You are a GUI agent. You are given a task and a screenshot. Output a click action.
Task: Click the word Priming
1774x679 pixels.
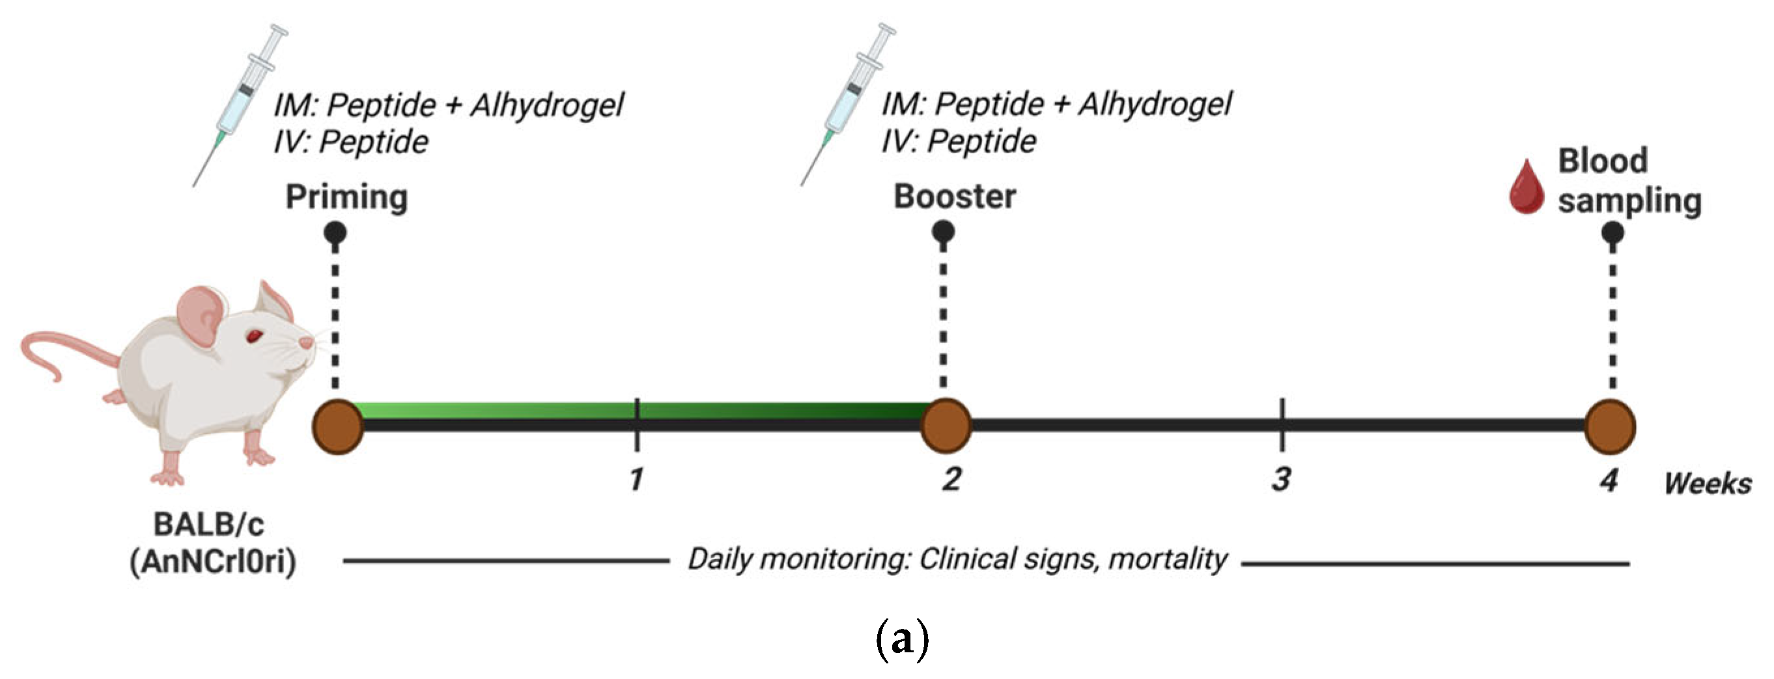pos(346,197)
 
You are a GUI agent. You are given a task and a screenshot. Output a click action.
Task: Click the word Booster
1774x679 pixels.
pos(955,197)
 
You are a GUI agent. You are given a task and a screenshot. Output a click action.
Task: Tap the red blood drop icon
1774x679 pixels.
pos(1526,187)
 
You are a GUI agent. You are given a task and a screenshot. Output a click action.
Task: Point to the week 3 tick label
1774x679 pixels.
pos(1281,479)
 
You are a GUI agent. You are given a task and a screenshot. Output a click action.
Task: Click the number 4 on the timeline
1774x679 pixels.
pos(1609,479)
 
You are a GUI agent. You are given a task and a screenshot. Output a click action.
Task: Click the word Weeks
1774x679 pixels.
pos(1707,484)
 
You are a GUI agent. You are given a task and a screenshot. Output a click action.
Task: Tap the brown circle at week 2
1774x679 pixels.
pos(946,426)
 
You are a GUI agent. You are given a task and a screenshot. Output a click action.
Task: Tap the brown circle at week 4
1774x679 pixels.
pos(1610,427)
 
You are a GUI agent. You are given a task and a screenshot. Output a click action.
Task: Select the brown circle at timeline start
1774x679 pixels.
pos(338,427)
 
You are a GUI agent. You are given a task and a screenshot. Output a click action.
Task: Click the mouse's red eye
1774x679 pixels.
pos(255,336)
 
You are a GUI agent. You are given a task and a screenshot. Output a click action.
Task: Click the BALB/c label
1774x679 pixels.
pos(208,525)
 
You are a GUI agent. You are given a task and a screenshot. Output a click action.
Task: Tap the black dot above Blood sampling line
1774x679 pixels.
pos(1612,233)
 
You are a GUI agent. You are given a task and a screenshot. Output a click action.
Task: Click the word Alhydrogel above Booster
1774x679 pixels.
pos(1155,105)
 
